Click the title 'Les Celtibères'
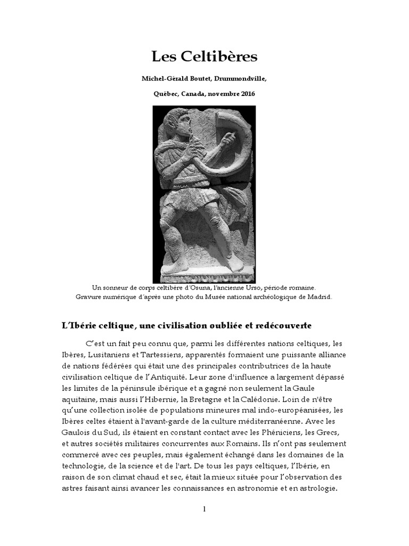[204, 57]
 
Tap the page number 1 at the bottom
[204, 509]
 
